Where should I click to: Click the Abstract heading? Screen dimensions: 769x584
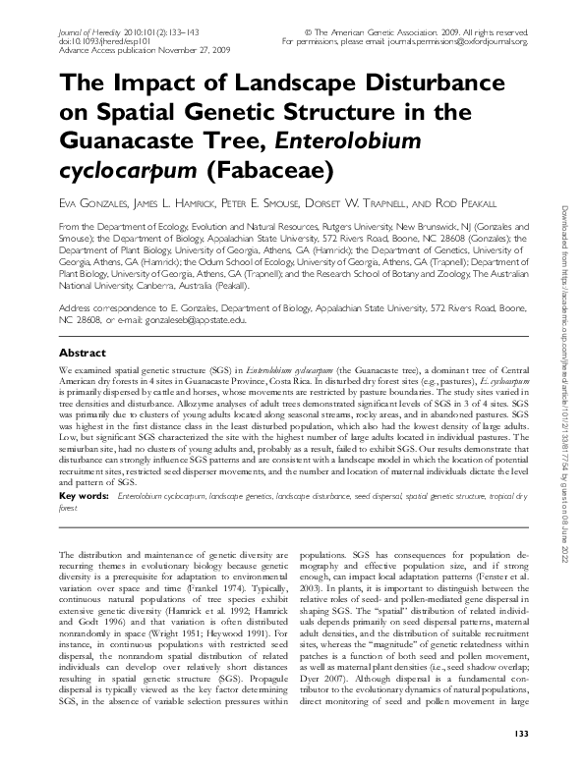pyautogui.click(x=84, y=352)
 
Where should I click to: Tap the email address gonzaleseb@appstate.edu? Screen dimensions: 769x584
pyautogui.click(x=198, y=320)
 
